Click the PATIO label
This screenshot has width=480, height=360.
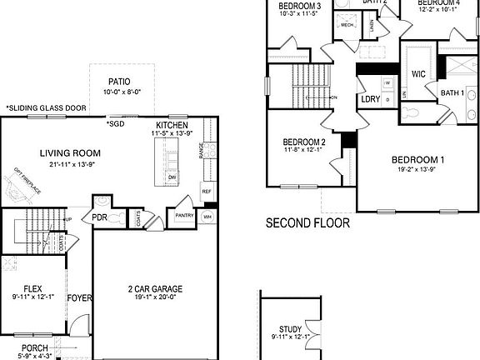point(118,82)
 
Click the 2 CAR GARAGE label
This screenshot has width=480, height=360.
point(155,290)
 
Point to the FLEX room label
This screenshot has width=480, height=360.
point(32,288)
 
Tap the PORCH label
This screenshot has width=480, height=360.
point(34,348)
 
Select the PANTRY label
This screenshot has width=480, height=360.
point(184,215)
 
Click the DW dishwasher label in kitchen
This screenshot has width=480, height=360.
point(172,177)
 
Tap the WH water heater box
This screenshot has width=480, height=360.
point(208,216)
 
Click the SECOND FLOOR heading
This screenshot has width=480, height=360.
point(307,223)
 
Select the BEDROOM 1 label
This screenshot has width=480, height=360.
point(418,160)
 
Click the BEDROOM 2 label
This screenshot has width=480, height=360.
point(303,142)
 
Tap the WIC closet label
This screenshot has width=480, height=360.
point(419,74)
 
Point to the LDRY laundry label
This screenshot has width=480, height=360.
point(370,99)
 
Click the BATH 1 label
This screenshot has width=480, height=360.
point(452,92)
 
